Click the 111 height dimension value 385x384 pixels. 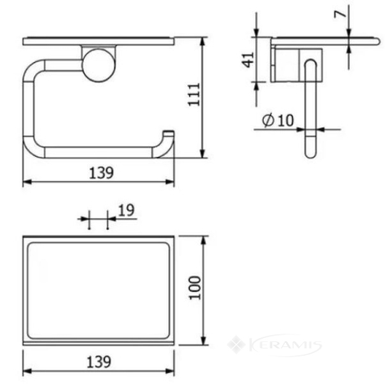[x=194, y=94]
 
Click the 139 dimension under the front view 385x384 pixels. [x=101, y=173]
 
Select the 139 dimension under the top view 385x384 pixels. [x=99, y=362]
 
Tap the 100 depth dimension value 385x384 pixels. [x=195, y=288]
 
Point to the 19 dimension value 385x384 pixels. [x=126, y=210]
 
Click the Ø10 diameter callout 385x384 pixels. [x=278, y=120]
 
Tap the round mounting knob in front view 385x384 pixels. [x=98, y=65]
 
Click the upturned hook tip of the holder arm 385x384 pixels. [x=169, y=133]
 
